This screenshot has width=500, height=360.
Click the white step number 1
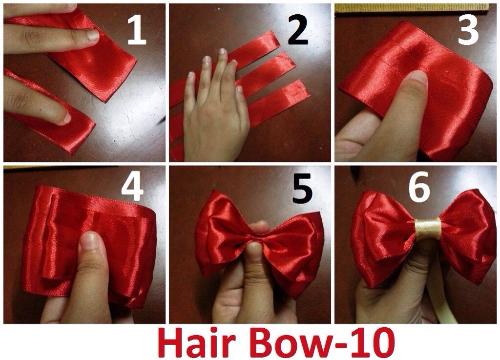coord(137,31)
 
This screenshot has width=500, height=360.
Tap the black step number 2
coord(298,31)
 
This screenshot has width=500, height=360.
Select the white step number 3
coord(468,30)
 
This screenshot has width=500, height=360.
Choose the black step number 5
coord(302,189)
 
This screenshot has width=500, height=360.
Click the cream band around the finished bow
coord(428,228)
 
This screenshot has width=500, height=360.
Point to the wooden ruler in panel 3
coord(411,8)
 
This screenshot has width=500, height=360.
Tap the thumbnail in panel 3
coord(418,79)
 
